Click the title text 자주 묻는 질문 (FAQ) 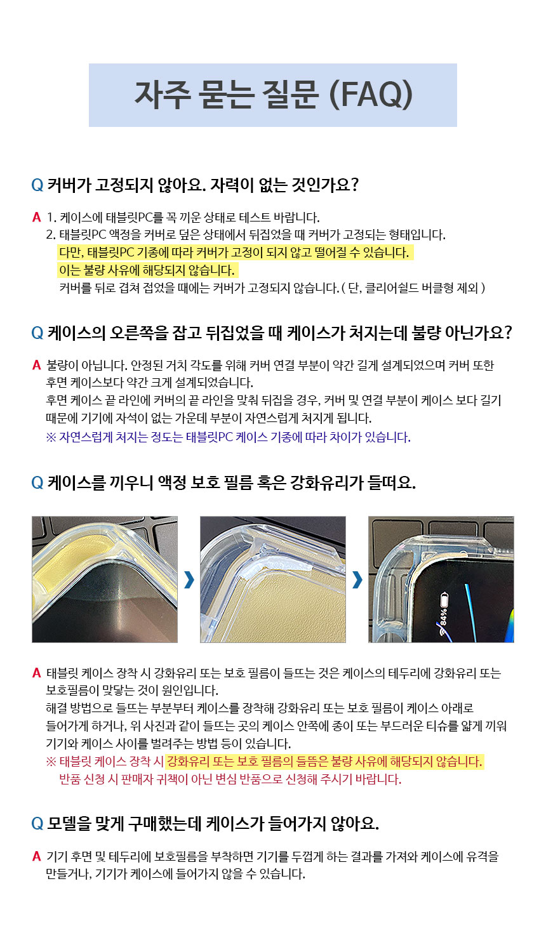point(274,95)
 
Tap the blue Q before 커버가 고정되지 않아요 point(37,185)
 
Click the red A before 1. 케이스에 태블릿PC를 point(37,217)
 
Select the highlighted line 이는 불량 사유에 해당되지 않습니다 point(147,270)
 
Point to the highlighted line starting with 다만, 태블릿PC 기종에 point(234,253)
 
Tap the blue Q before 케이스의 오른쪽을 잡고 point(37,333)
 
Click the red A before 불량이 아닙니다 point(37,366)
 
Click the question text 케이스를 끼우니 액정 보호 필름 point(232,482)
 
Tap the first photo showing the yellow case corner point(105,579)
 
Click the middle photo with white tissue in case point(273,579)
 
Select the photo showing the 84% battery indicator point(441,579)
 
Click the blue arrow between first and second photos point(189,580)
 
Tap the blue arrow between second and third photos point(357,580)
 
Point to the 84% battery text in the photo point(444,618)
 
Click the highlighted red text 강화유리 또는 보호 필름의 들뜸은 point(324,762)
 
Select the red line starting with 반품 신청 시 point(230,779)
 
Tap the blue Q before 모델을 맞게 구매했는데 point(37,823)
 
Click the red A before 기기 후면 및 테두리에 point(37,856)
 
